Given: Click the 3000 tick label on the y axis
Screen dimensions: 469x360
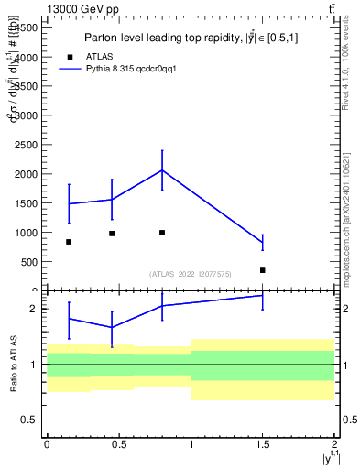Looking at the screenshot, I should coord(28,115).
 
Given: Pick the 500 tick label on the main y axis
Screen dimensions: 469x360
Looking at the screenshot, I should coord(32,262).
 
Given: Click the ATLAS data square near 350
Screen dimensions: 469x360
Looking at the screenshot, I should coord(263,270).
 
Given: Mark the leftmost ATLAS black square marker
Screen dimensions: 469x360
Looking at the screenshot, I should coord(69,242).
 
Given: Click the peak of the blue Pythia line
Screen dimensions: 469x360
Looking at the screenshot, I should coord(162,169).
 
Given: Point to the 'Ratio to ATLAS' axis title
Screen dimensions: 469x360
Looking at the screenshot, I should coord(12,364).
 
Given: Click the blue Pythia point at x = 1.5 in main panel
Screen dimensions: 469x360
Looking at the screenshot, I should coord(263,242).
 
